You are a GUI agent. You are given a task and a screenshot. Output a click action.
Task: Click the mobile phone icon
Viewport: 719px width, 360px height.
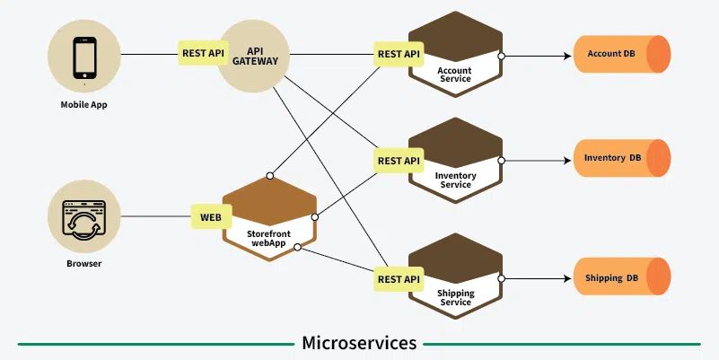click(84, 56)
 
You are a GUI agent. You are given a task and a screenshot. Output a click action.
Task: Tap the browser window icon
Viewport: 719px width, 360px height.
click(84, 217)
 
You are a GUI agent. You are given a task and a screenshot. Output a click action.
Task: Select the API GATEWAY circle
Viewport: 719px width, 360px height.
click(257, 57)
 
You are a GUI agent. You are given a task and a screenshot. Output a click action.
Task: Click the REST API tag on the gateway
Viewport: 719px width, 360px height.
click(203, 53)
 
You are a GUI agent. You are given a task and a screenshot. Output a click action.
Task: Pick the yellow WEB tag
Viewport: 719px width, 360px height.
click(210, 216)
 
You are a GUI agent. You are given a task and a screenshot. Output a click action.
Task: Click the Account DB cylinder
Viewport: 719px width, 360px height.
click(621, 54)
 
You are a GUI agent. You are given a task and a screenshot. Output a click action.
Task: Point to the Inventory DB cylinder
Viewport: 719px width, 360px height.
click(621, 158)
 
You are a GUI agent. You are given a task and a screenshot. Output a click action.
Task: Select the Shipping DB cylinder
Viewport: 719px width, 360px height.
click(621, 277)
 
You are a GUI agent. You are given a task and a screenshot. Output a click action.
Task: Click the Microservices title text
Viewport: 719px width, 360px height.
click(359, 343)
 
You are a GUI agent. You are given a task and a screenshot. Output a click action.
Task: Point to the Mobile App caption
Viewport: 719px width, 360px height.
click(84, 105)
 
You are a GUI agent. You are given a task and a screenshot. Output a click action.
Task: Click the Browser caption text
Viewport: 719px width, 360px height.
click(84, 264)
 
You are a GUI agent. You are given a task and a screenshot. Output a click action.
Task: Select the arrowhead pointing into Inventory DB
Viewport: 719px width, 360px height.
click(567, 162)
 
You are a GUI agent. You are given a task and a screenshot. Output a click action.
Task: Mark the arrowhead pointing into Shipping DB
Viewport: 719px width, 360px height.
click(567, 278)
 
